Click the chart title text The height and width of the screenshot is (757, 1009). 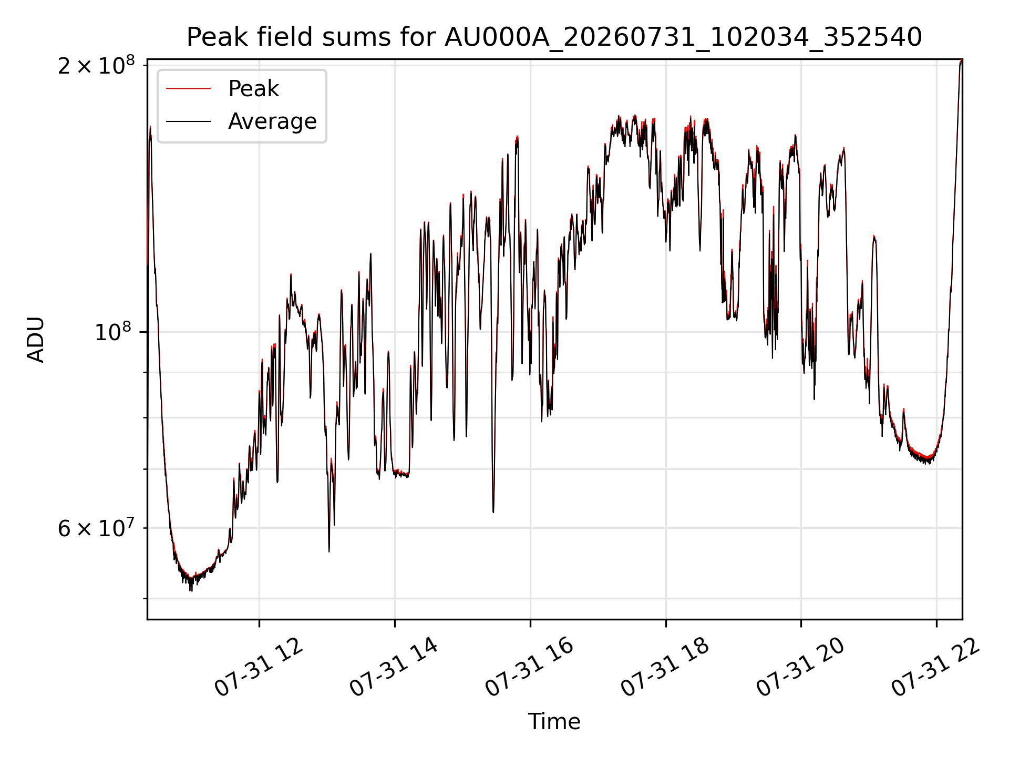554,37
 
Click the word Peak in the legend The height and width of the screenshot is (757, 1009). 253,89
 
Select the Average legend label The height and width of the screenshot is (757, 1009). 272,121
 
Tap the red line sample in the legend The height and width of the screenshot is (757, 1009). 188,89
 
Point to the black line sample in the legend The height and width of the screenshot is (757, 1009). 188,121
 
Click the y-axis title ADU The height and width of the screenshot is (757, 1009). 36,340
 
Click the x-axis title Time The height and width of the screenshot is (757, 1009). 554,722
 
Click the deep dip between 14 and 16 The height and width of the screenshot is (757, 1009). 493,512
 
